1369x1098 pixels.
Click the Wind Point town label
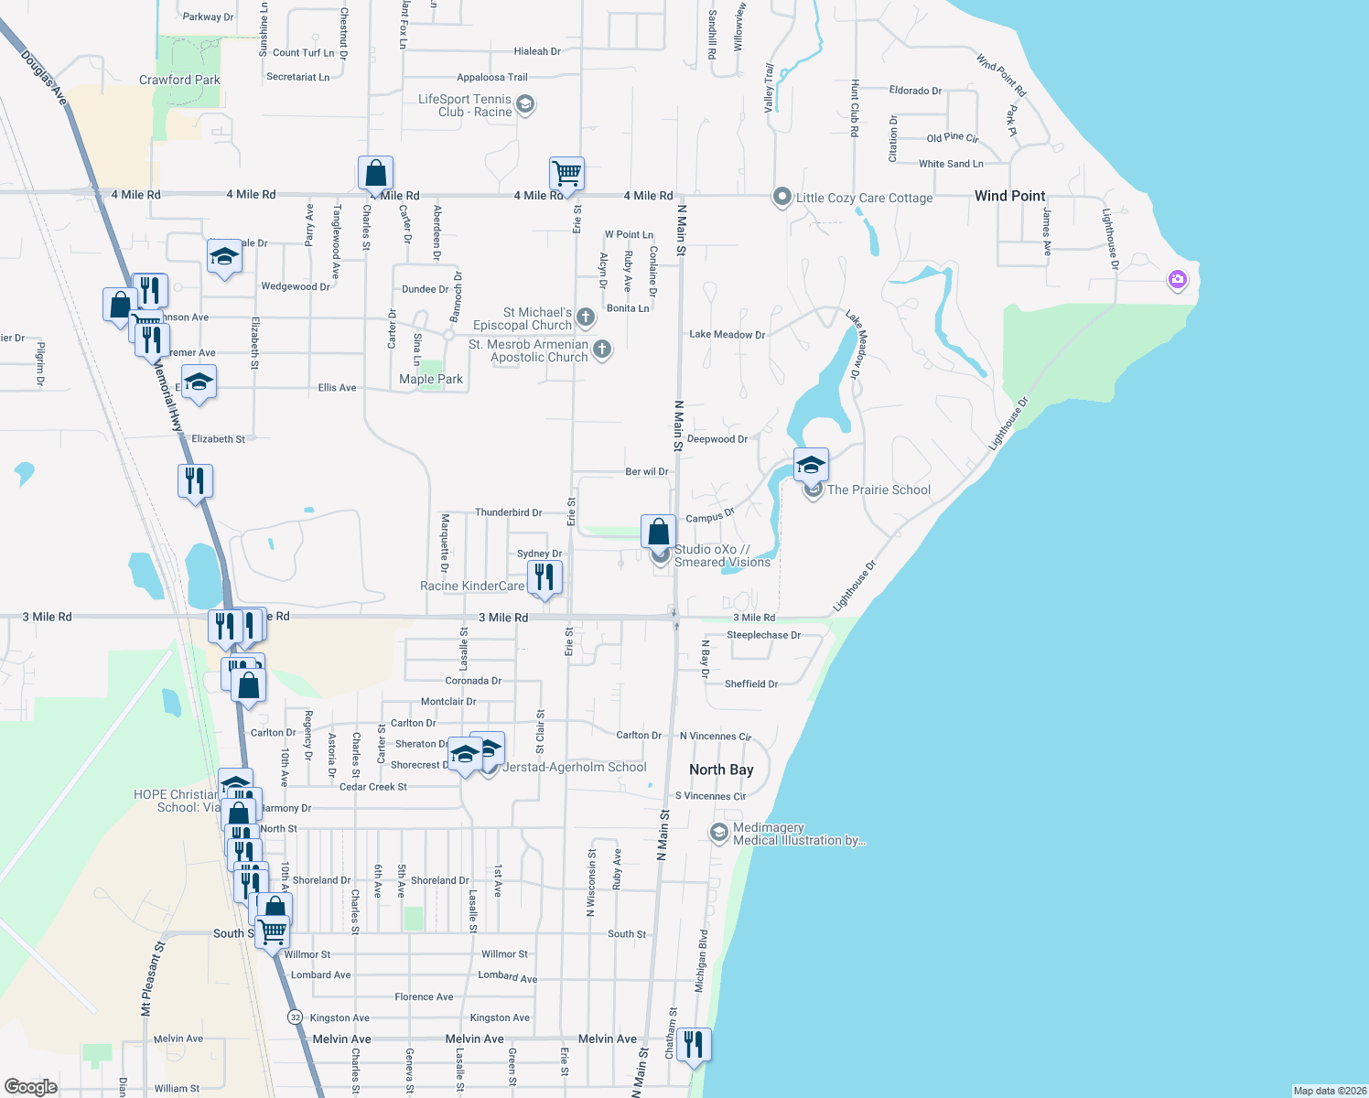pos(1009,196)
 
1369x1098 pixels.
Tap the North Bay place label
pos(721,770)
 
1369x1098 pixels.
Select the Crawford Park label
pos(179,80)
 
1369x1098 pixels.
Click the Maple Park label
pos(431,379)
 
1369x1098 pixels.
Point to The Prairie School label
pos(879,490)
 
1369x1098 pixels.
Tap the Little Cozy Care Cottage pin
pos(782,197)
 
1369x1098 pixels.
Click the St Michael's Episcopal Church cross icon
pos(586,318)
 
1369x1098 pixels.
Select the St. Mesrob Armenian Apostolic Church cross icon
pos(602,349)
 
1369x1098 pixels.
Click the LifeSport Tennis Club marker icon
pos(525,104)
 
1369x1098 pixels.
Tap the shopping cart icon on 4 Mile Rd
pos(566,172)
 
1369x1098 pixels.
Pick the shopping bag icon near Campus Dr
pos(658,531)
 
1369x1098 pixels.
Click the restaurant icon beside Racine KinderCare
pos(544,577)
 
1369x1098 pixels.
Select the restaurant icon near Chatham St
pos(694,1044)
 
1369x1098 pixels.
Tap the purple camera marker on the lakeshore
pos(1178,279)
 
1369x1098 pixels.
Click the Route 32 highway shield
pos(295,1017)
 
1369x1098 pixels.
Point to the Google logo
pos(30,1087)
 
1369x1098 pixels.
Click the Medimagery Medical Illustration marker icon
pos(719,833)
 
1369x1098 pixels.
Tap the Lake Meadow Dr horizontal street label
pos(727,335)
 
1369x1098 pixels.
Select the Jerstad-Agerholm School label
pos(575,767)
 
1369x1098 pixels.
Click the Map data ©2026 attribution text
pos(1329,1091)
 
